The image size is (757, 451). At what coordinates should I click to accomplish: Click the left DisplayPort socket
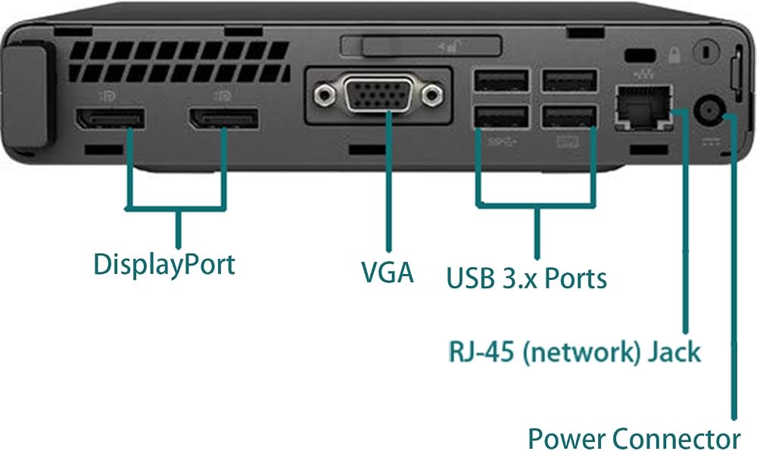coord(110,118)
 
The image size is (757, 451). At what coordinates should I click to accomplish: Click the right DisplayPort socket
coord(224,118)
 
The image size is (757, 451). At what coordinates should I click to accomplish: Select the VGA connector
coord(378,94)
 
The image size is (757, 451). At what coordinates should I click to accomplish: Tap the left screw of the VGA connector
coord(324,94)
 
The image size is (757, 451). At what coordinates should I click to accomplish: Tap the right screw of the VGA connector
coord(432,95)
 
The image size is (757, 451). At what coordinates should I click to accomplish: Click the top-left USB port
coord(502,80)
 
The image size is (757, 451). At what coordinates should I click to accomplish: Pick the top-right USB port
coord(570,80)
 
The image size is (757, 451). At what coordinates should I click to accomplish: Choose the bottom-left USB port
coord(502,117)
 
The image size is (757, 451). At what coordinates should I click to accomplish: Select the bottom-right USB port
coord(570,117)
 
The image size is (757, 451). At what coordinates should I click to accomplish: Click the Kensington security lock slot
coord(640,55)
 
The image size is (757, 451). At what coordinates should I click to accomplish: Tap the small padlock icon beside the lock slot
coord(674,55)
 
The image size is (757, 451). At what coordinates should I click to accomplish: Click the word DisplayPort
coord(164,264)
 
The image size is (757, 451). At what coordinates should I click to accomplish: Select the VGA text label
coord(388,272)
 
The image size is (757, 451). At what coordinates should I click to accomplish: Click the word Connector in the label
coord(676,438)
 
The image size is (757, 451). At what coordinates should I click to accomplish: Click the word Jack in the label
coord(674,352)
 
